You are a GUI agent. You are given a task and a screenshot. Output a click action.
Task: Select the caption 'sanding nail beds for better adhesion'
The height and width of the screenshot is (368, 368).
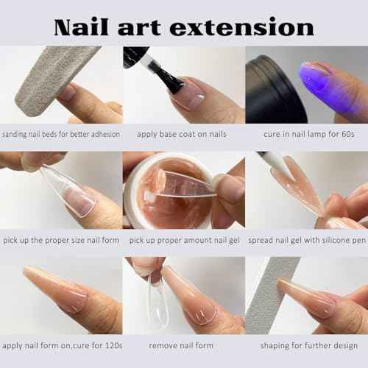[61, 135]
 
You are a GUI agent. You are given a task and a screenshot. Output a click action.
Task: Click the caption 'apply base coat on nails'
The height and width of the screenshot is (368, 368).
[182, 135]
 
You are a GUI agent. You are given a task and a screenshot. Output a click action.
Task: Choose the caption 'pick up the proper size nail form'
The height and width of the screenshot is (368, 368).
[61, 240]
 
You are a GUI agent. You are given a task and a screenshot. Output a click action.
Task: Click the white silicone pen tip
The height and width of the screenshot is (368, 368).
[265, 159]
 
